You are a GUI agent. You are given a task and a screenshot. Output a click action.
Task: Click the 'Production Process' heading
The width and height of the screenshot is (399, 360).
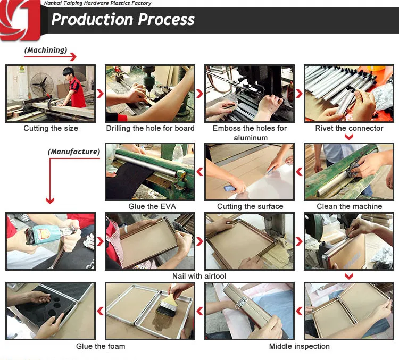(x=123, y=20)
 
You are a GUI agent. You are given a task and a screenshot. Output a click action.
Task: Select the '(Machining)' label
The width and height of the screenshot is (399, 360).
(x=46, y=50)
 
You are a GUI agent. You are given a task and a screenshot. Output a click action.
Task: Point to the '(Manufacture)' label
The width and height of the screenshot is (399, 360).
(x=74, y=152)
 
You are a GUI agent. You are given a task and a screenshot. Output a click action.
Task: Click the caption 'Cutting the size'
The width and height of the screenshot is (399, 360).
(x=51, y=128)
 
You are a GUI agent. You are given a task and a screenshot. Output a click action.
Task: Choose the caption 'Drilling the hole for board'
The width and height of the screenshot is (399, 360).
(x=150, y=128)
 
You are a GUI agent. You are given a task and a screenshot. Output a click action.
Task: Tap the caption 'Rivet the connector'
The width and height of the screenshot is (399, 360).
(x=349, y=128)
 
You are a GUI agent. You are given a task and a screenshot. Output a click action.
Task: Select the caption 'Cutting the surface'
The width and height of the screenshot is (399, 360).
(x=250, y=206)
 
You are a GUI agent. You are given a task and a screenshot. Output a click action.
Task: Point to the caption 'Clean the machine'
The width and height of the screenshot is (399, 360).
(x=349, y=206)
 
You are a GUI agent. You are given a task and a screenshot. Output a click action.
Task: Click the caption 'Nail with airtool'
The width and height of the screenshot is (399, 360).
(x=199, y=276)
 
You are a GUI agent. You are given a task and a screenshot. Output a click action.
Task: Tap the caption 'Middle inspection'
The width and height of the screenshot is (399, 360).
(x=299, y=346)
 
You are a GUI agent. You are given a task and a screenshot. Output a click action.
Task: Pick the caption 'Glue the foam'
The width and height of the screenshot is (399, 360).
(x=101, y=346)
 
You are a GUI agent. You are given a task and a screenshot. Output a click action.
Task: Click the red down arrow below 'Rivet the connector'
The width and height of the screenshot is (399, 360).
(x=349, y=137)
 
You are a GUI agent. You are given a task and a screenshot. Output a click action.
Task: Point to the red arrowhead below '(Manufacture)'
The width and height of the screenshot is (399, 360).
(x=50, y=200)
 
